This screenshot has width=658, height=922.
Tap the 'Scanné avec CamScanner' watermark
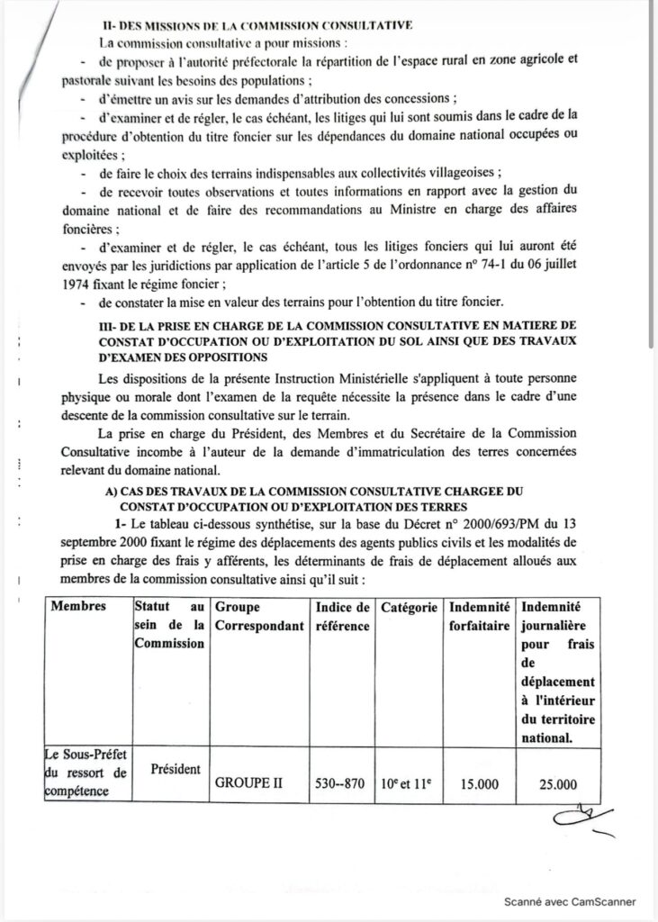tap(569, 901)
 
